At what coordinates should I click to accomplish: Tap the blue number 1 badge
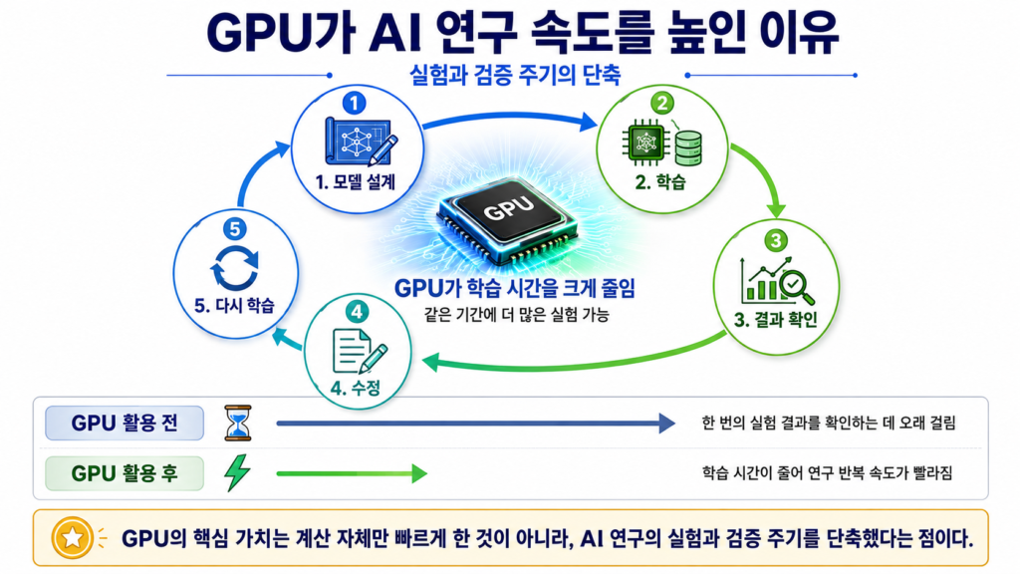click(x=354, y=103)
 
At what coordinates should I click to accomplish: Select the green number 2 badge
click(x=661, y=103)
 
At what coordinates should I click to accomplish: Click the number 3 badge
click(x=775, y=241)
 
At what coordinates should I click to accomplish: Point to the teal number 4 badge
click(x=357, y=312)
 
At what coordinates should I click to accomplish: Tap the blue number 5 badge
click(x=235, y=229)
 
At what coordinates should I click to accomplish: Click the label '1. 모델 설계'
click(x=356, y=182)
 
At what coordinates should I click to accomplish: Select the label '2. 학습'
click(x=660, y=182)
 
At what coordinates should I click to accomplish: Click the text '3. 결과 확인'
click(x=775, y=320)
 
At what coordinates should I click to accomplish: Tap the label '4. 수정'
click(x=356, y=388)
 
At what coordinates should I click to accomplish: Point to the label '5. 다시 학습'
click(x=234, y=305)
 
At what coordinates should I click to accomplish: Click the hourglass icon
click(x=237, y=423)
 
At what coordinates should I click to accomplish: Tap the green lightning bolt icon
click(x=237, y=472)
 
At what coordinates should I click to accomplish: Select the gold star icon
click(x=72, y=538)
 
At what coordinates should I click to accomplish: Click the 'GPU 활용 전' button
click(x=125, y=423)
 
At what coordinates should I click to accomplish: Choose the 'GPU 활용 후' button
click(x=125, y=473)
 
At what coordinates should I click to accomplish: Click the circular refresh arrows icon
click(x=235, y=268)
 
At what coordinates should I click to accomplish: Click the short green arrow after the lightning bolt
click(x=352, y=473)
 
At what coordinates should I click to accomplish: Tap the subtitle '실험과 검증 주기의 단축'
click(x=515, y=75)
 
